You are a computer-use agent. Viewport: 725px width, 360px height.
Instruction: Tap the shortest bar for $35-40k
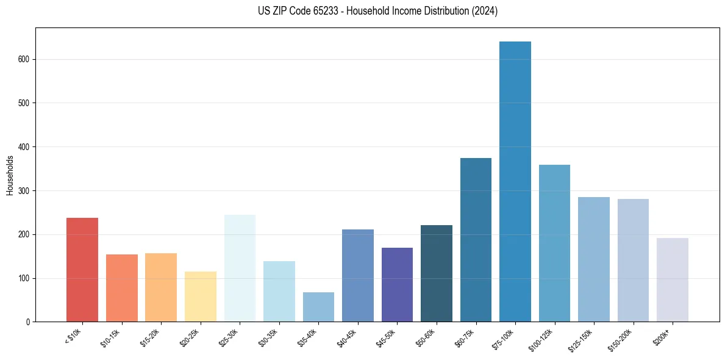click(x=318, y=307)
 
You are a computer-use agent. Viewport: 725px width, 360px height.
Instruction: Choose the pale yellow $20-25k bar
click(x=200, y=297)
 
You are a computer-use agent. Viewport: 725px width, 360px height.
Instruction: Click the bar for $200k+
click(x=672, y=280)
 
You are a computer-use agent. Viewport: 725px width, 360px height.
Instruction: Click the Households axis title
click(x=10, y=175)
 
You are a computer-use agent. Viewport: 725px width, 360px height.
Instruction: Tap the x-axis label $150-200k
click(x=621, y=339)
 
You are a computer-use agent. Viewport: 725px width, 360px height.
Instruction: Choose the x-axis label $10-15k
click(x=110, y=337)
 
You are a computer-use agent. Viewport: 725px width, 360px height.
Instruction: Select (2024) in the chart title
click(x=485, y=11)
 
